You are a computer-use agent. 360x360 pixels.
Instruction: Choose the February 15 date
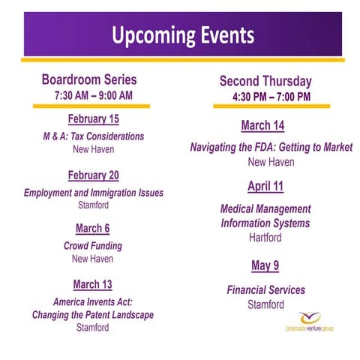[x=93, y=119]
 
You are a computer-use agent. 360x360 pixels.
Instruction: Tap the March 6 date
[x=93, y=228]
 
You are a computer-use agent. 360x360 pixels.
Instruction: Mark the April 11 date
[x=265, y=186]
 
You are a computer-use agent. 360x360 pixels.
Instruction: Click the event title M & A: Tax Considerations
[x=93, y=136]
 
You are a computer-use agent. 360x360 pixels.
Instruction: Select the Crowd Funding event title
[x=93, y=245]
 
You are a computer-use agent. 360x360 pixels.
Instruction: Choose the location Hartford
[x=265, y=237]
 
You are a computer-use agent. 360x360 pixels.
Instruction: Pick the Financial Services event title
[x=265, y=289]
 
